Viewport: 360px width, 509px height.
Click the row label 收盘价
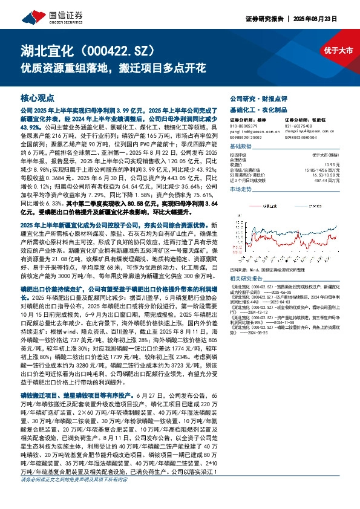[x=236, y=164]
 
